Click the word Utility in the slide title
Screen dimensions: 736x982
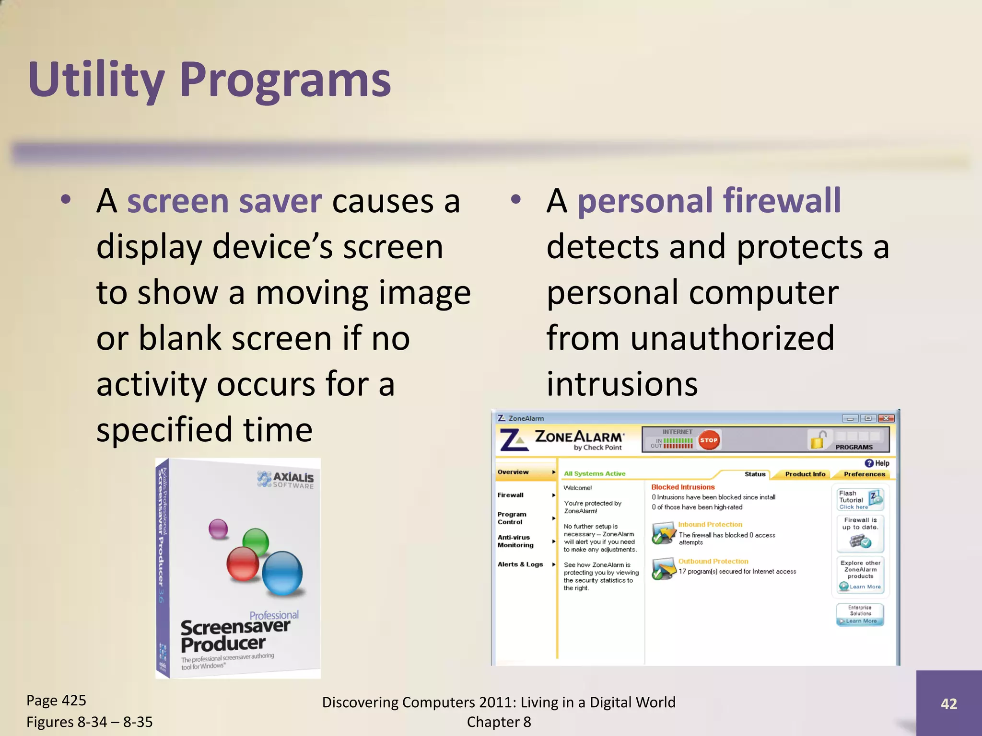click(96, 80)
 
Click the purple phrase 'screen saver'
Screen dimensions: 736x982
click(224, 201)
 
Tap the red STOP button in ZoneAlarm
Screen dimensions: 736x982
click(708, 440)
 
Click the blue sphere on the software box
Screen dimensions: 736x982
click(282, 573)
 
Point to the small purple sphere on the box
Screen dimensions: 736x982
click(218, 529)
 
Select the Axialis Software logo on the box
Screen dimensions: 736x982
click(286, 479)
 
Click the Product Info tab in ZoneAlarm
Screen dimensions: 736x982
click(805, 474)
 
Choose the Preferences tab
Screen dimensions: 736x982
click(864, 474)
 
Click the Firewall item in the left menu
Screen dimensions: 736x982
click(510, 495)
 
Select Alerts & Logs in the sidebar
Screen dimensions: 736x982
click(520, 564)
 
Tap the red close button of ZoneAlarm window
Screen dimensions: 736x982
click(886, 418)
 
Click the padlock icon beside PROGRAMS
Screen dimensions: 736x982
click(818, 440)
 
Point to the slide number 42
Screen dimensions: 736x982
click(948, 703)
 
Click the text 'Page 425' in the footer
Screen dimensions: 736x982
click(56, 701)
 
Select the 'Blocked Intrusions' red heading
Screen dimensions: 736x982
click(683, 487)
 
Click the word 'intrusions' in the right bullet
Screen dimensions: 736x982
click(622, 384)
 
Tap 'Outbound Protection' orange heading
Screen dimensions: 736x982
click(713, 561)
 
